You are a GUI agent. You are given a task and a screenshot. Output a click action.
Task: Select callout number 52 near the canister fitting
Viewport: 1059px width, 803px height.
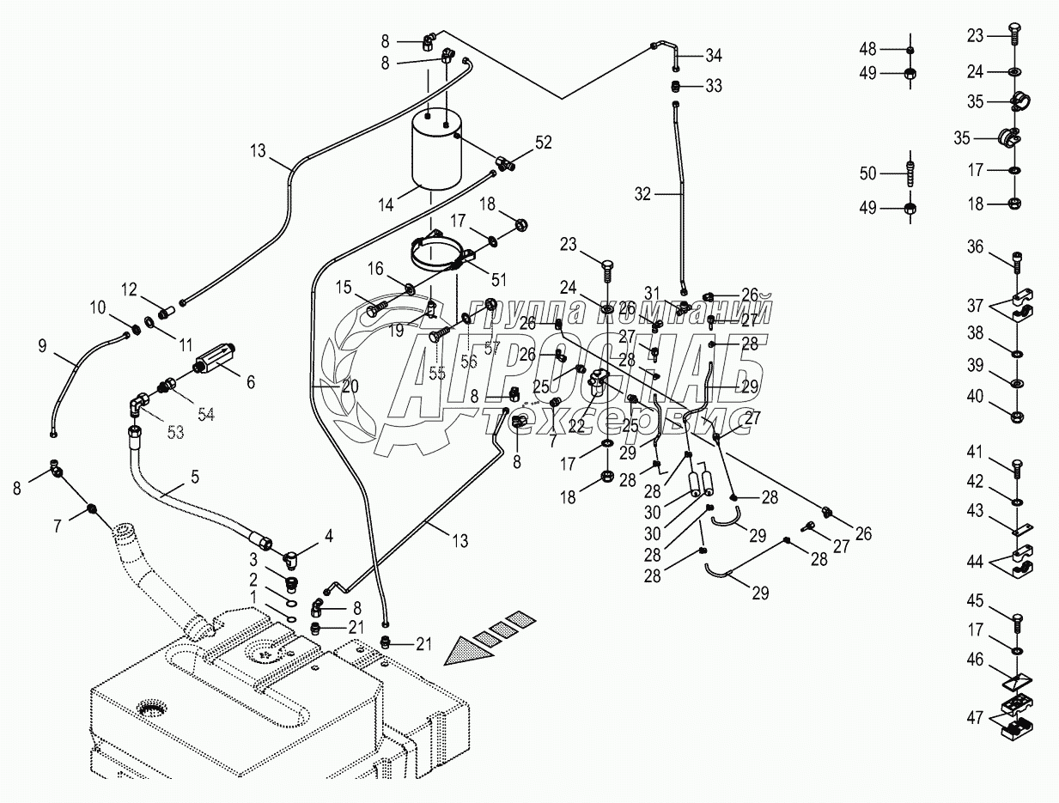[x=543, y=143]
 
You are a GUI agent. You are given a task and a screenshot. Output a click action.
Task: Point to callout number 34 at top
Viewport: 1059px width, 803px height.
[x=715, y=57]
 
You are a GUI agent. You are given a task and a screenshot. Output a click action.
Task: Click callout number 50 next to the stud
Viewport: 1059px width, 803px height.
[x=867, y=173]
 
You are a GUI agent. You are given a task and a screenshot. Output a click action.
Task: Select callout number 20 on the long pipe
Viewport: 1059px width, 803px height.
[x=350, y=386]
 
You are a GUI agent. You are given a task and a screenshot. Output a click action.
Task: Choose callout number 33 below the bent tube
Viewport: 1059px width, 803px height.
[x=714, y=86]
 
